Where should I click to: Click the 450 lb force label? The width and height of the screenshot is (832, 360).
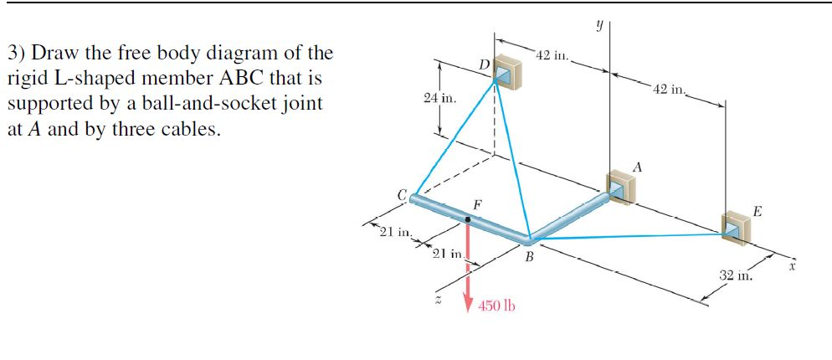[x=496, y=306]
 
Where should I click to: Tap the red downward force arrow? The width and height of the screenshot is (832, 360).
[x=468, y=268]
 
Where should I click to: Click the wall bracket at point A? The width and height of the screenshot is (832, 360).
[x=619, y=188]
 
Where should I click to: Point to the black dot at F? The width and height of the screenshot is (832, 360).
[x=468, y=220]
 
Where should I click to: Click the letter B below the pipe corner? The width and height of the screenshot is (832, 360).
[x=529, y=257]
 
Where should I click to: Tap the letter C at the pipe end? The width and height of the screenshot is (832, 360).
[x=402, y=195]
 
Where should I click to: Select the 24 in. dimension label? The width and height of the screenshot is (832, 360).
[x=439, y=99]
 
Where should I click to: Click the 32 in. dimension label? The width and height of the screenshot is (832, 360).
[x=736, y=274]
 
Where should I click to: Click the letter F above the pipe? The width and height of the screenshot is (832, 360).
[x=476, y=204]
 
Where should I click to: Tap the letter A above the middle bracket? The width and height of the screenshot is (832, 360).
[x=638, y=167]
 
